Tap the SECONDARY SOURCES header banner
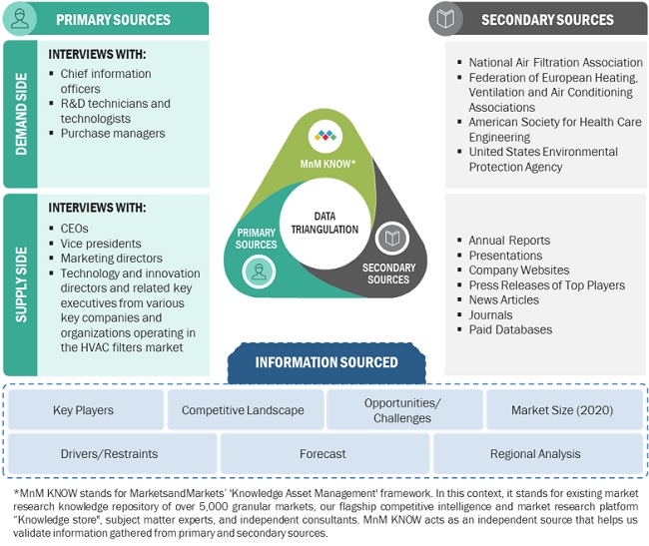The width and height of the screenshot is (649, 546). point(547,19)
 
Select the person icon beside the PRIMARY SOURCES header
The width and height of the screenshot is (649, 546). point(20,19)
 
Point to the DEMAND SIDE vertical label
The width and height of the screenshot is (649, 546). point(19,114)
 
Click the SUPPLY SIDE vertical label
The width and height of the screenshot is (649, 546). point(19,284)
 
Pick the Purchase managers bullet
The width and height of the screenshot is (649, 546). point(112,133)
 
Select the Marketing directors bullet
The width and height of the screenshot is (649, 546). point(112,258)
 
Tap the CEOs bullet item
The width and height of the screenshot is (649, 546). point(74,228)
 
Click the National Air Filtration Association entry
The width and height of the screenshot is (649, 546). point(555,62)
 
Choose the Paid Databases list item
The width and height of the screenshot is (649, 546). point(510,329)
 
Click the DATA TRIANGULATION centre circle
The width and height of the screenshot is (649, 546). point(324,222)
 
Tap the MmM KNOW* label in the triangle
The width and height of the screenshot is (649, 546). point(323,162)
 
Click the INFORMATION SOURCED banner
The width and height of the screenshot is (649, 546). point(325,362)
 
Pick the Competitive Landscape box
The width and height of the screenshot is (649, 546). point(244,410)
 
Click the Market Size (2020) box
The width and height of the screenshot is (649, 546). point(562,410)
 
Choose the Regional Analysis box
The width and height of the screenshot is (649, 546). point(535,453)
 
